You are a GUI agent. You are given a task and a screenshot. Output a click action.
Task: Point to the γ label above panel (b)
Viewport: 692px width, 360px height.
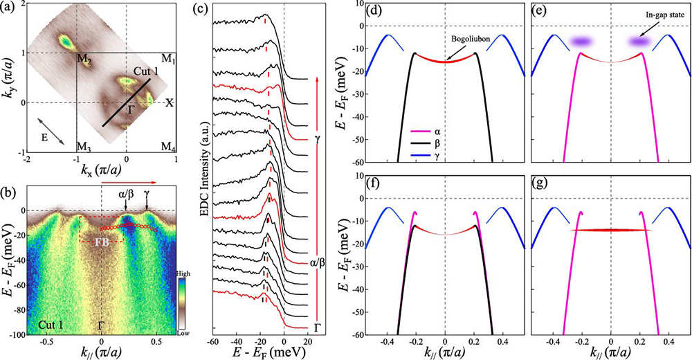click(x=147, y=196)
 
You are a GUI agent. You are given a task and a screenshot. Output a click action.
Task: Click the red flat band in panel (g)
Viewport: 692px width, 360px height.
click(x=611, y=230)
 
